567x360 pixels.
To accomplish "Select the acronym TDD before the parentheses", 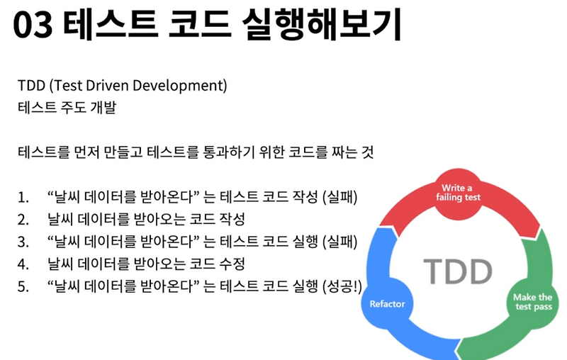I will coord(31,86).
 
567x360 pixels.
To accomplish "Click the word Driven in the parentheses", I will coord(115,86).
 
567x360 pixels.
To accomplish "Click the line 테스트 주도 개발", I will coord(67,108).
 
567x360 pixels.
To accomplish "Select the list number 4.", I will coord(23,265).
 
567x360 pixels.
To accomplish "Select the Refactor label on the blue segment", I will coord(388,303).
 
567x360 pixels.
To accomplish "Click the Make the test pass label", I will coord(532,302).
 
